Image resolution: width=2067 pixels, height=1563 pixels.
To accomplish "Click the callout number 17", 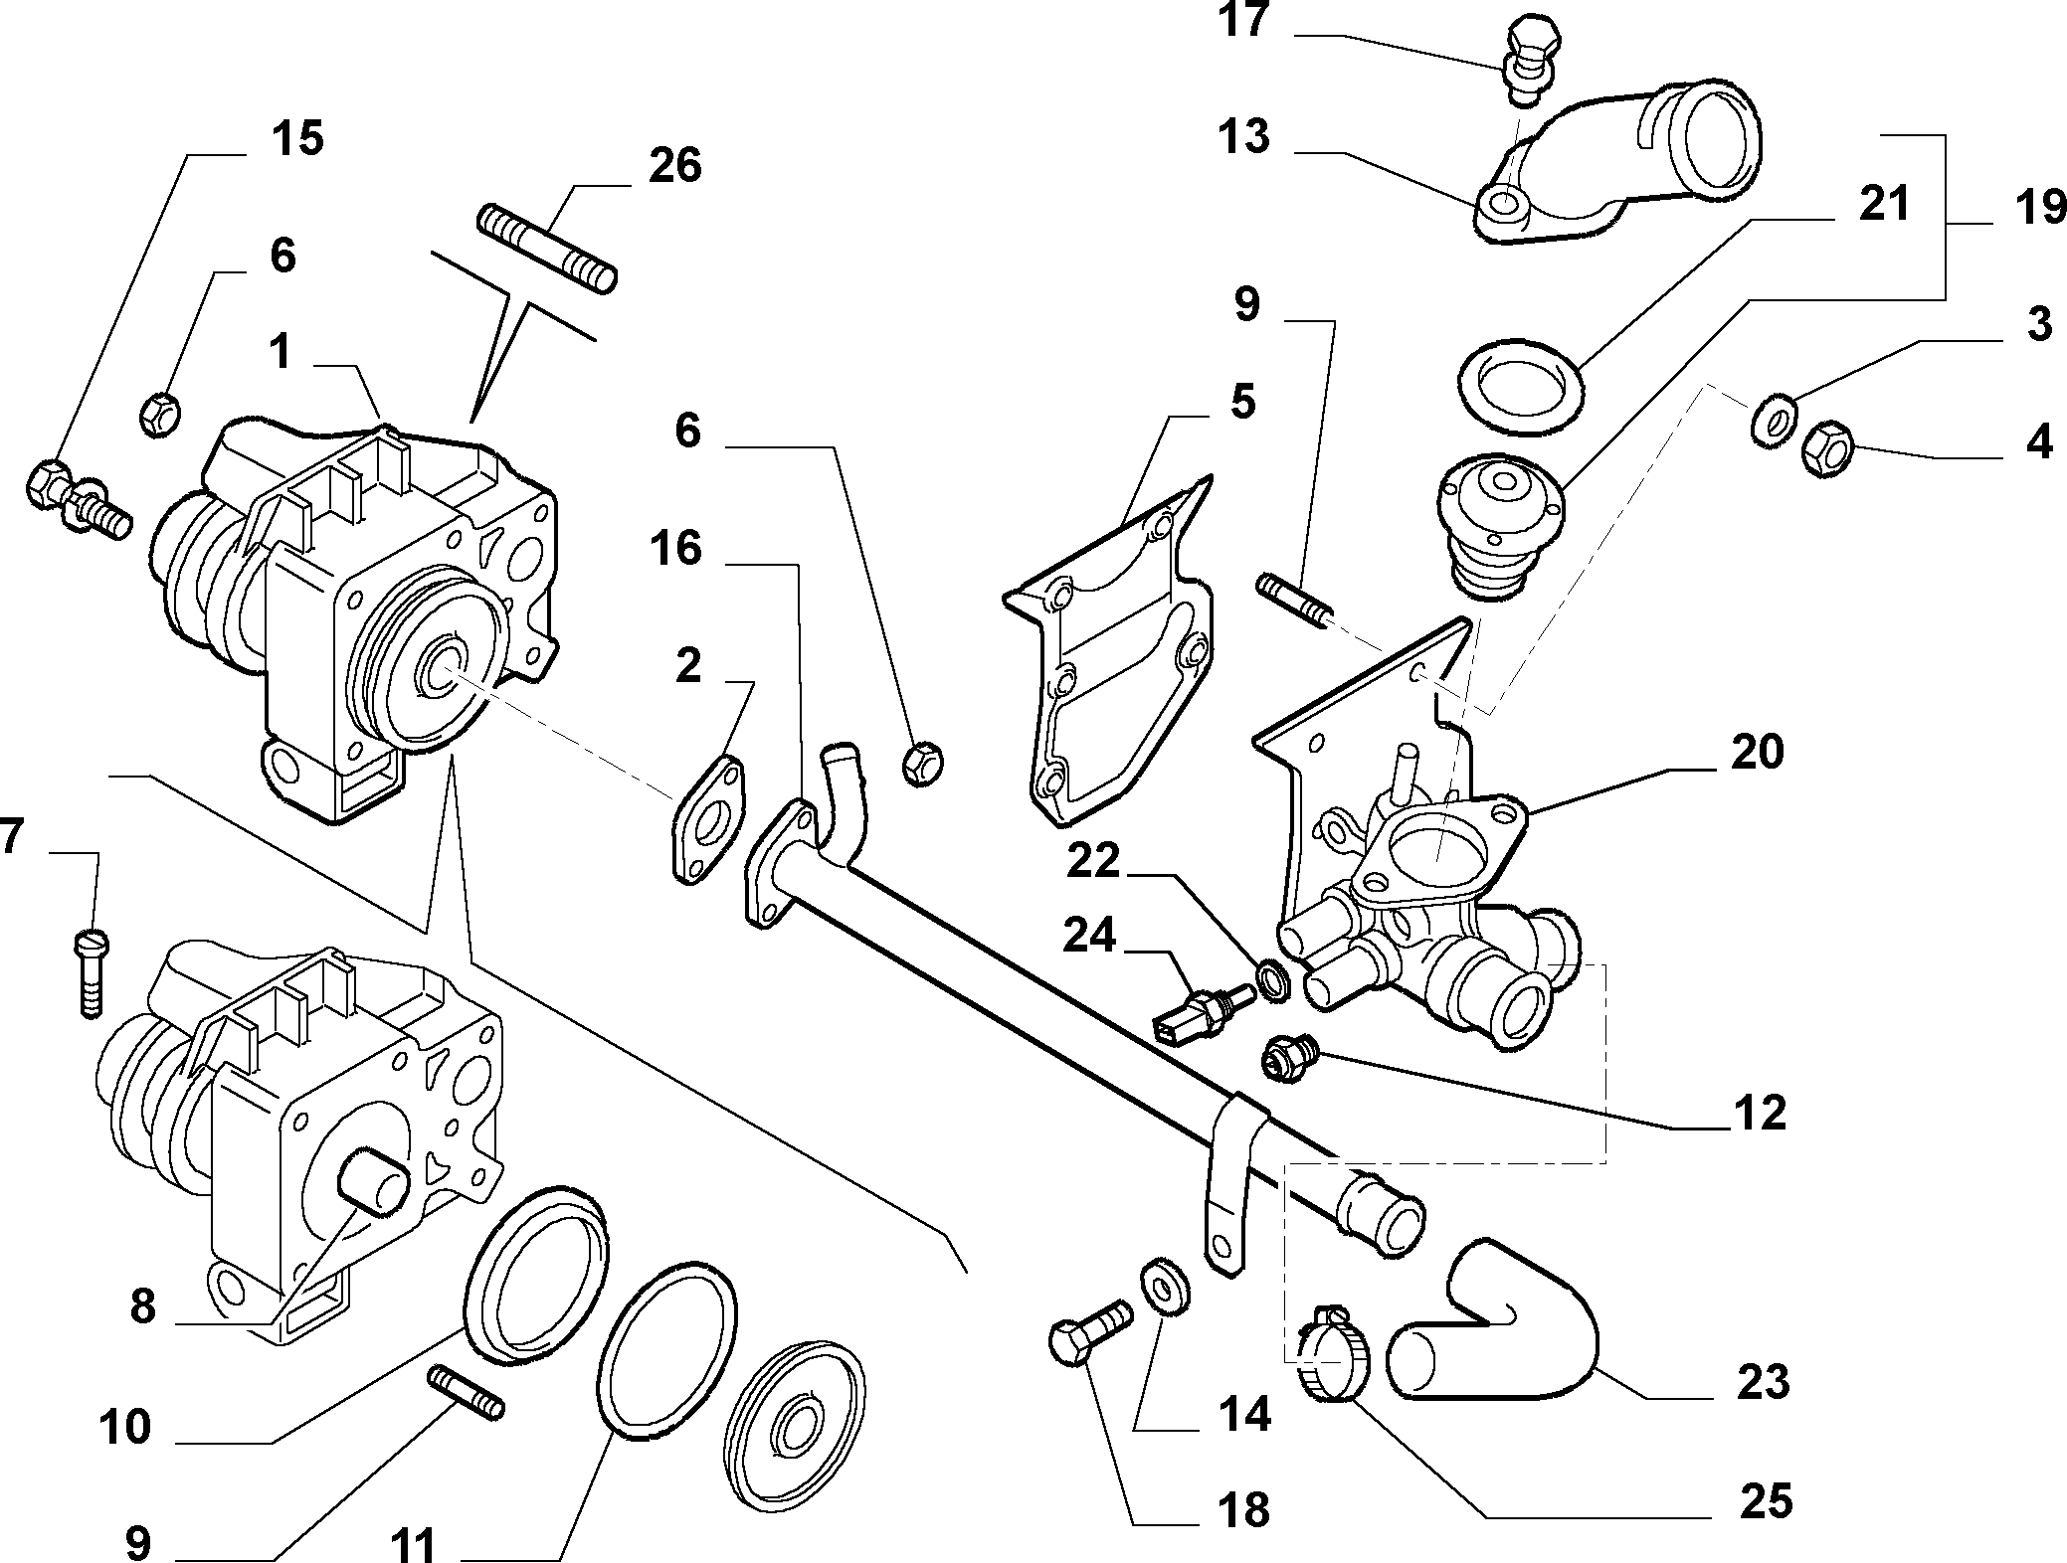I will coord(1243,20).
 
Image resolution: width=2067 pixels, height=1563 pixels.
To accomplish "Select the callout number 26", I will coord(674,165).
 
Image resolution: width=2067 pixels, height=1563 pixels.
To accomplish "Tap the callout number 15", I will coord(297,138).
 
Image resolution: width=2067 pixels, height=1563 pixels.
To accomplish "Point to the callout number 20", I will coord(1757,752).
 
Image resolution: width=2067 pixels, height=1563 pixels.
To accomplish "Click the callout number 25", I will coord(1766,1501).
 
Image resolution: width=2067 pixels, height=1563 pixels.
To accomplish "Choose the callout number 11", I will coord(413,1545).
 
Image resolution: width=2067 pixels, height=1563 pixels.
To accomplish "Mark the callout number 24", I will coord(1089,936).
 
